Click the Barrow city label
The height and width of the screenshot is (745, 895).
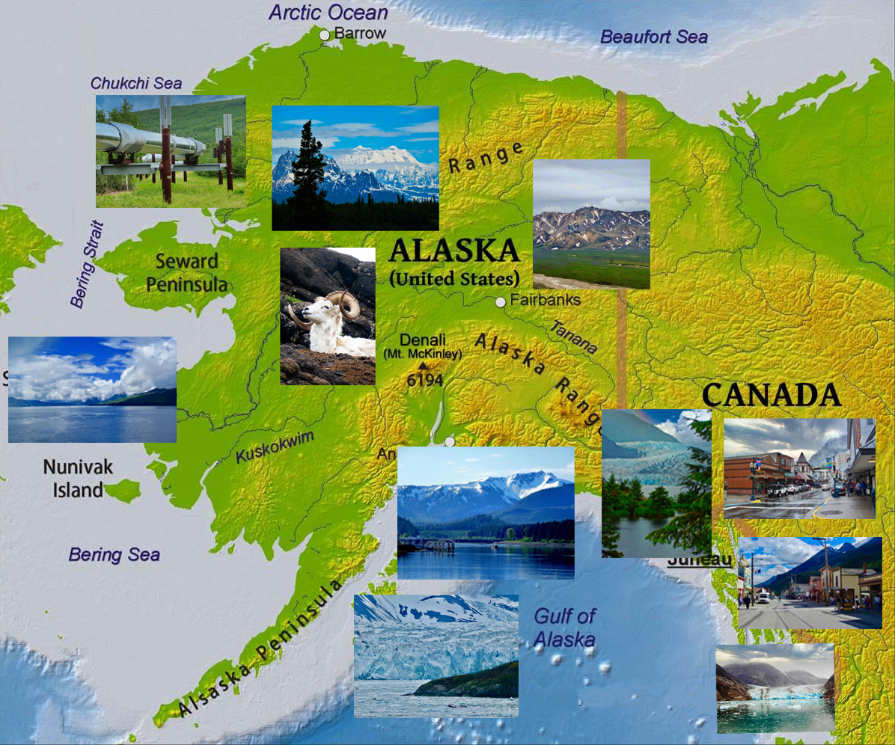[360, 33]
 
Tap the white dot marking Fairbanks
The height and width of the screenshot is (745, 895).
[501, 302]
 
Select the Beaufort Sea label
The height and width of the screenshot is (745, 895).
[653, 37]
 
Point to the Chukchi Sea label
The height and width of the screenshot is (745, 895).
[136, 83]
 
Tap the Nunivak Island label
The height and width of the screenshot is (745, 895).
[78, 479]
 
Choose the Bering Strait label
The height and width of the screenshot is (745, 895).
[87, 264]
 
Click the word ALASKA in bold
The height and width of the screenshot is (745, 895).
[454, 250]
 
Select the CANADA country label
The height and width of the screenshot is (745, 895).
[771, 396]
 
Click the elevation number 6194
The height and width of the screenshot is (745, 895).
[425, 381]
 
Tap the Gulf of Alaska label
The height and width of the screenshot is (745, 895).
[565, 628]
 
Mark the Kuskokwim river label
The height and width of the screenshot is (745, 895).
[275, 447]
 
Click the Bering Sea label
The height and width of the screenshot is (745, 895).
[114, 555]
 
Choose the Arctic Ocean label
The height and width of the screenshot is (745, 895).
[328, 13]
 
